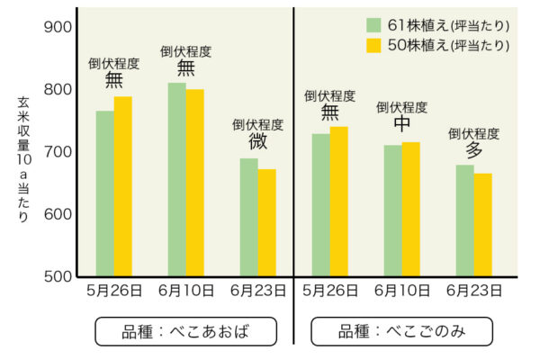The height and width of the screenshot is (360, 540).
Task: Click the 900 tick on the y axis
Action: (x=58, y=27)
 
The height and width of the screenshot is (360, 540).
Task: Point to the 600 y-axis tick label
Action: (x=58, y=214)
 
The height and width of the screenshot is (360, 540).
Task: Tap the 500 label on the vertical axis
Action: (x=58, y=276)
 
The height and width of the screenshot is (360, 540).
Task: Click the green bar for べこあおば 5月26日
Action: (x=104, y=193)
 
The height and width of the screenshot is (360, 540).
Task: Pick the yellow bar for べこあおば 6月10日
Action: (x=194, y=183)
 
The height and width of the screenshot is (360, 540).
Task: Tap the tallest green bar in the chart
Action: (x=176, y=179)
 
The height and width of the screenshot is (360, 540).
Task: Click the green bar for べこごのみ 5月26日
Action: (x=320, y=204)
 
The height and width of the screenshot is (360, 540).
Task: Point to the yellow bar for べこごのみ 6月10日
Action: (x=410, y=209)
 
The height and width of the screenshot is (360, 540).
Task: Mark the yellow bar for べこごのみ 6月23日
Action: (x=482, y=224)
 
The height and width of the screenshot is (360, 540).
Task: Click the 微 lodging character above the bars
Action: (x=258, y=142)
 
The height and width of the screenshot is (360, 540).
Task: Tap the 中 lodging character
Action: (x=402, y=126)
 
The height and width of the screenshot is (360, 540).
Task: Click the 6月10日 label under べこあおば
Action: (x=186, y=291)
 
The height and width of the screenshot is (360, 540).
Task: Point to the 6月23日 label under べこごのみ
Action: (x=474, y=291)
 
